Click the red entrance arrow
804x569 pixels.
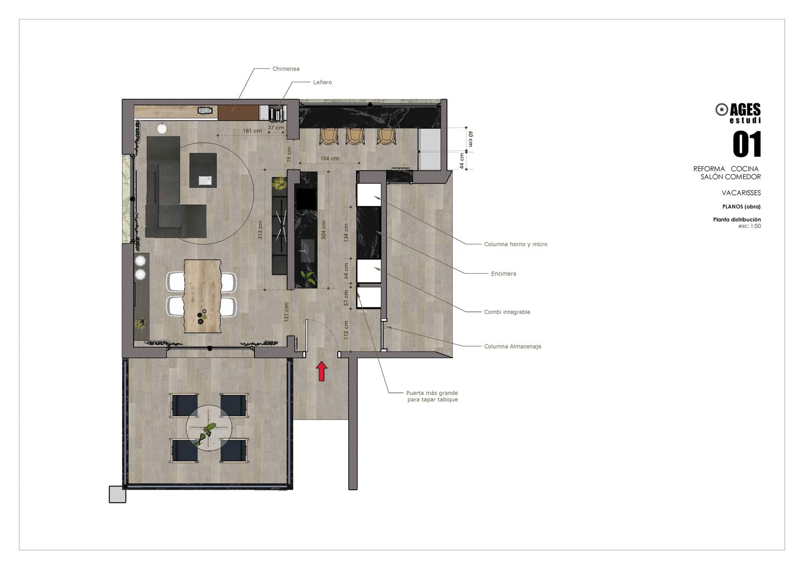click(322, 371)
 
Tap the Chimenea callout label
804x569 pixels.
click(286, 68)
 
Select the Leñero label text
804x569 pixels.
click(322, 83)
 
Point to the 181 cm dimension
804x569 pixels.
click(252, 131)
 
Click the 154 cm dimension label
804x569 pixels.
click(330, 158)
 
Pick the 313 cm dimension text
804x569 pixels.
click(260, 230)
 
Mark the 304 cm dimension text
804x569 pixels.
click(324, 230)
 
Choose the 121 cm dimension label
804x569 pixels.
click(286, 312)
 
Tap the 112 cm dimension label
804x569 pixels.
click(346, 330)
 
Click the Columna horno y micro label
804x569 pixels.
click(516, 245)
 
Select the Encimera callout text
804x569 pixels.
click(504, 274)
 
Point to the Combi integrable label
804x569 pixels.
click(507, 312)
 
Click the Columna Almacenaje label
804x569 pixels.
click(513, 347)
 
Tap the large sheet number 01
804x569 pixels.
click(747, 144)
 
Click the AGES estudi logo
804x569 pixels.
click(738, 113)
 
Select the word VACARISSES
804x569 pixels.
click(741, 193)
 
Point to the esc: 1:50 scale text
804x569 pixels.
click(750, 226)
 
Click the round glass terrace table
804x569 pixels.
click(209, 428)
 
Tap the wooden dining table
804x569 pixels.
click(203, 296)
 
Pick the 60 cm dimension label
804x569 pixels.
click(470, 139)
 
